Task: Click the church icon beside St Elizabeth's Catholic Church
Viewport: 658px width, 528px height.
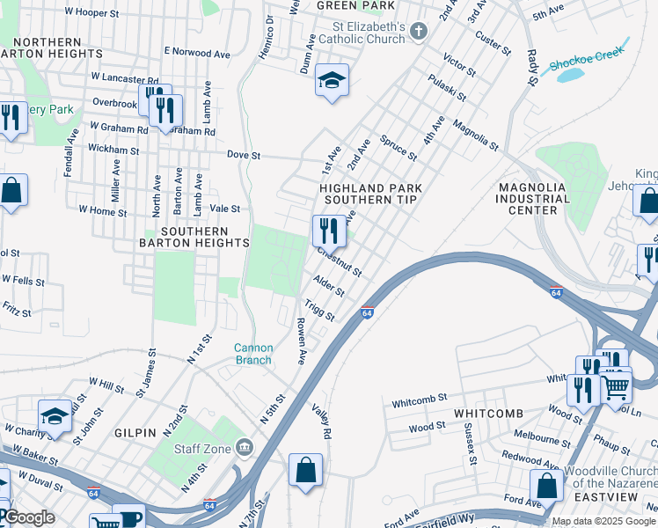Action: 419,33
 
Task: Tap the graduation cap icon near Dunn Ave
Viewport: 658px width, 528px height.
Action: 333,81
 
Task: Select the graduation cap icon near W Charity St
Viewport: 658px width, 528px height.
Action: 55,417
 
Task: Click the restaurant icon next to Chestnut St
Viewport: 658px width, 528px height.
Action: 328,231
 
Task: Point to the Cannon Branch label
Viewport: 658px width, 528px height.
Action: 252,354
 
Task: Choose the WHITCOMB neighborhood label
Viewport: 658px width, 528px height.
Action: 488,414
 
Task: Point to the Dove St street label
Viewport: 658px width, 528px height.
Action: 244,155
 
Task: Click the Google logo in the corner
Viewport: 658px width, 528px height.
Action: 29,517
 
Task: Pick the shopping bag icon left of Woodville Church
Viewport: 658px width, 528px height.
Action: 546,486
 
